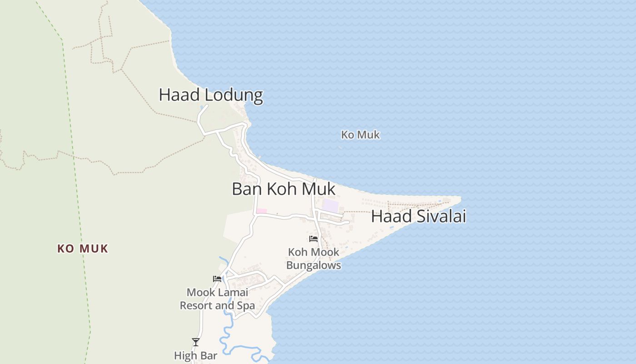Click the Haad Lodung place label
(x=211, y=95)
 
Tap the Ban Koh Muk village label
(x=283, y=189)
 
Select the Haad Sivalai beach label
(x=418, y=217)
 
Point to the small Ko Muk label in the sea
(x=360, y=135)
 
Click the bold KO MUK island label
(x=83, y=249)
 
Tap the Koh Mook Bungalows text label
(x=313, y=258)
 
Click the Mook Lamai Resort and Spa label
(x=218, y=298)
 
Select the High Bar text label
(x=195, y=355)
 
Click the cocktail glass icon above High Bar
(x=195, y=342)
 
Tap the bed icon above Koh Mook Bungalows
(x=313, y=238)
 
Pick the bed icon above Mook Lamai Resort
(x=217, y=279)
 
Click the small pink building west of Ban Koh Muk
(x=261, y=211)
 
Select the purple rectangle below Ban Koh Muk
(x=330, y=205)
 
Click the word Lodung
(x=234, y=95)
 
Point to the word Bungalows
(x=313, y=265)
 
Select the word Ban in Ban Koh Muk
(x=247, y=189)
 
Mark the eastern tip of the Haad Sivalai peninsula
(x=460, y=197)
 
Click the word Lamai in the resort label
(x=234, y=292)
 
